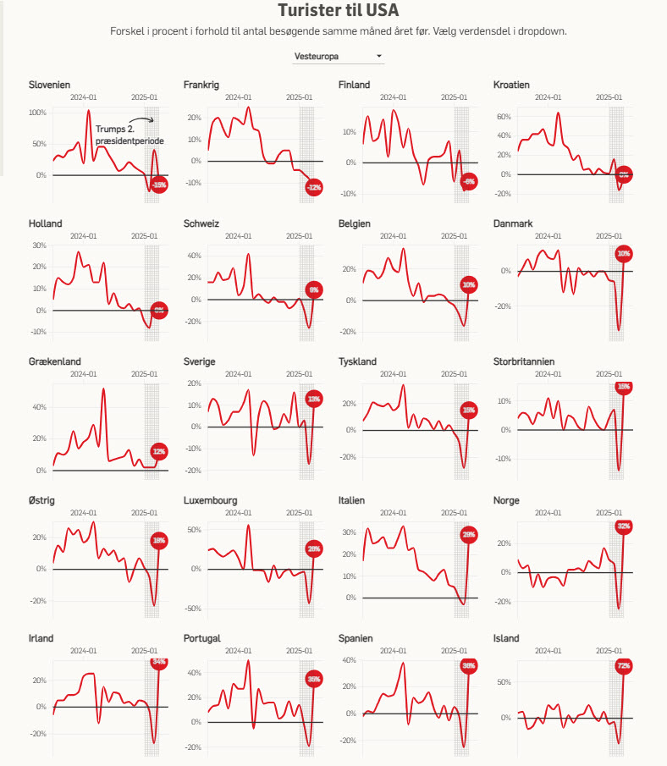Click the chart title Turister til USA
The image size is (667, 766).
339,11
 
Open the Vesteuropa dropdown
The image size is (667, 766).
338,57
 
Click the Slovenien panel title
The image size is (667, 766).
49,85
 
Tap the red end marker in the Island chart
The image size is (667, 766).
624,666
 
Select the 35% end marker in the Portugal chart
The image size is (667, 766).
314,679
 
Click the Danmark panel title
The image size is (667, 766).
512,223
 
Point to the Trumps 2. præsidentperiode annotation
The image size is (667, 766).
130,134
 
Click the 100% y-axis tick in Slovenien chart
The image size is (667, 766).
37,113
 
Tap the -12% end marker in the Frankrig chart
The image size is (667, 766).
314,186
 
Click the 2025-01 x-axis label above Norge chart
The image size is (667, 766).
609,513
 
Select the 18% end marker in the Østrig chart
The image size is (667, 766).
159,540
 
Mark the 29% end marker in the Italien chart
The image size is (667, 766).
469,535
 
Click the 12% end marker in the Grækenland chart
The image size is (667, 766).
159,452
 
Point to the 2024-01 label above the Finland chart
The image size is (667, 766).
393,98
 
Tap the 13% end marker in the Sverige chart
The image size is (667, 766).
314,399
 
